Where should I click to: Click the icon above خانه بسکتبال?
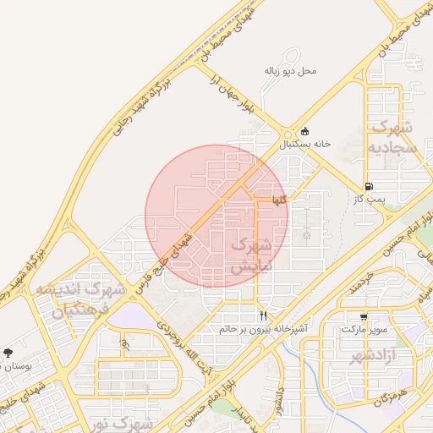click(x=304, y=132)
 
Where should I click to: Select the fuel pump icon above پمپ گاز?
click(x=368, y=186)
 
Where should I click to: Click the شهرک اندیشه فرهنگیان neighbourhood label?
click(x=79, y=299)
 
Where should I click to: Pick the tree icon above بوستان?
click(x=8, y=353)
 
